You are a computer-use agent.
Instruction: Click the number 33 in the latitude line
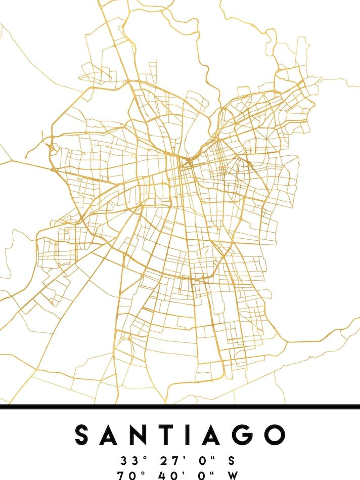127,461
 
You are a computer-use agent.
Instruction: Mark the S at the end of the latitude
231,461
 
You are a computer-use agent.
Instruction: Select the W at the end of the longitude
232,476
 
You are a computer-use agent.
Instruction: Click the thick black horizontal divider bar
180,407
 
